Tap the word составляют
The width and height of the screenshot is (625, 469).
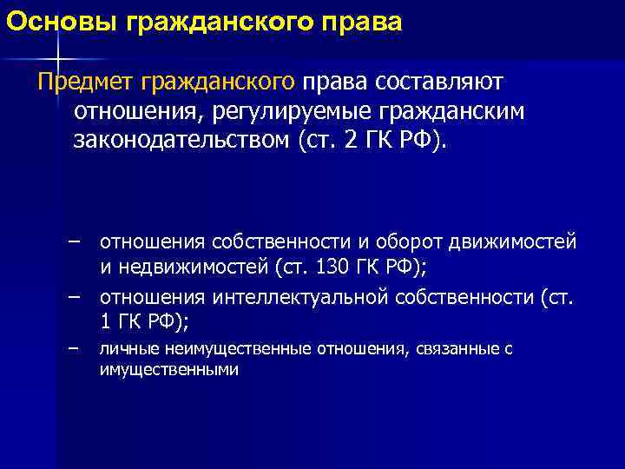pyautogui.click(x=448, y=82)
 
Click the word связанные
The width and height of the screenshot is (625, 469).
pyautogui.click(x=455, y=349)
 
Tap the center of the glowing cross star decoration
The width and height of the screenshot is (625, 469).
pyautogui.click(x=57, y=58)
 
